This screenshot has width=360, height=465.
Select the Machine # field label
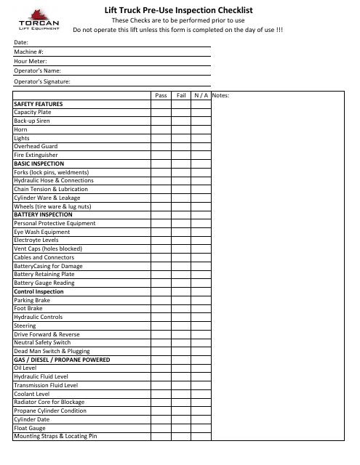tap(29, 52)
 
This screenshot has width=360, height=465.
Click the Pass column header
tap(161, 95)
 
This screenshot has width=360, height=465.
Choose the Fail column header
tap(181, 95)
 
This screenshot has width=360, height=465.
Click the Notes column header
tap(220, 95)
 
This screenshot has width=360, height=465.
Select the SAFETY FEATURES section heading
tap(38, 104)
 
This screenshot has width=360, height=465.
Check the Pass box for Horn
tap(161, 129)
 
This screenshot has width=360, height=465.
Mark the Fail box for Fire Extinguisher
tap(181, 155)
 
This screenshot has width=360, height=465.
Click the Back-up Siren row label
tap(33, 121)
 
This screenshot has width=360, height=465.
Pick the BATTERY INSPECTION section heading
tap(43, 214)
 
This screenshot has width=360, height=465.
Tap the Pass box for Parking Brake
tap(161, 299)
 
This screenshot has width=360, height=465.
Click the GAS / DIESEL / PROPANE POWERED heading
tap(62, 360)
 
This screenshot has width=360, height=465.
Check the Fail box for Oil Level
tap(181, 368)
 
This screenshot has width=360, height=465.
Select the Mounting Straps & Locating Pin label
tap(55, 436)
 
